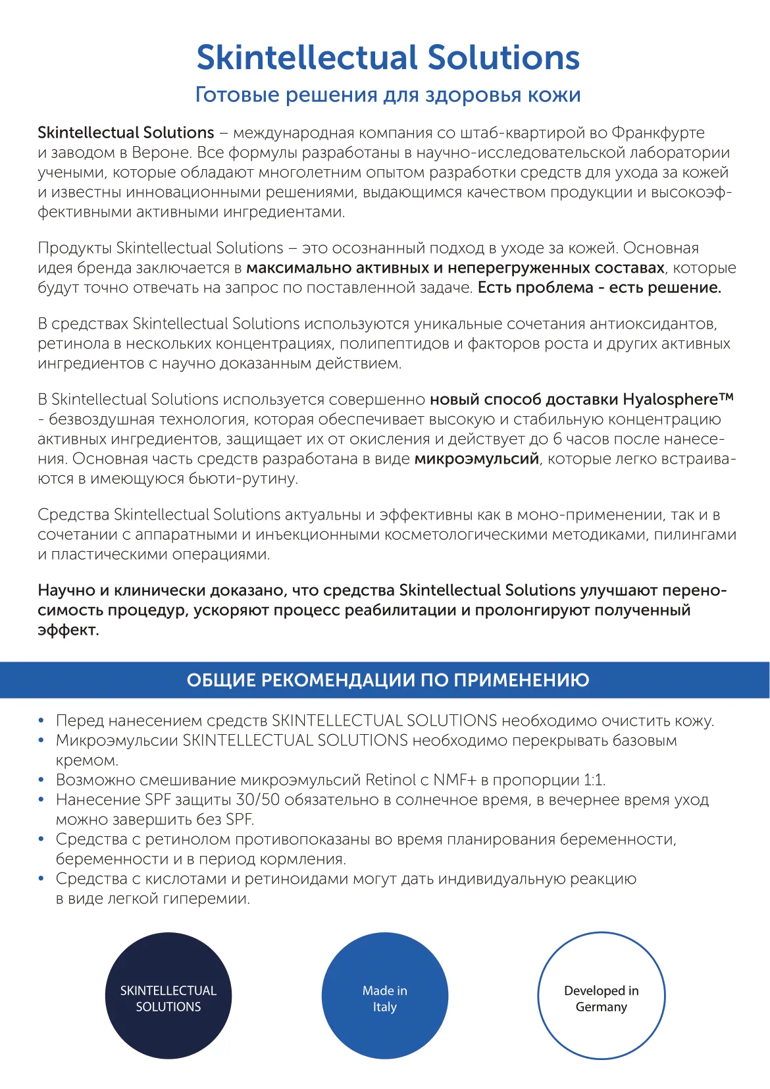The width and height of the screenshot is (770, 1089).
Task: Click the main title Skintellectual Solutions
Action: pyautogui.click(x=388, y=58)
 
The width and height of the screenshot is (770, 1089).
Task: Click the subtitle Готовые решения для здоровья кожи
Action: pyautogui.click(x=388, y=95)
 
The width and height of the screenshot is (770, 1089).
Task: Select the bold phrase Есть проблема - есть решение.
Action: pyautogui.click(x=599, y=288)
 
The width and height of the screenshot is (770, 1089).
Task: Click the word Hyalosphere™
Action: pyautogui.click(x=677, y=400)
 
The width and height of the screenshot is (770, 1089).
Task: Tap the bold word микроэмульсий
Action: pyautogui.click(x=476, y=459)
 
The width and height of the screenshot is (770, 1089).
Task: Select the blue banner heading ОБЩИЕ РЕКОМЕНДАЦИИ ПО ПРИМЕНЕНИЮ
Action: pyautogui.click(x=388, y=680)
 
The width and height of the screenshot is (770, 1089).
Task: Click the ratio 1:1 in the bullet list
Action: pyautogui.click(x=594, y=780)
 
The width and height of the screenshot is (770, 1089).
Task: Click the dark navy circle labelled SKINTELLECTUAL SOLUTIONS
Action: pyautogui.click(x=168, y=996)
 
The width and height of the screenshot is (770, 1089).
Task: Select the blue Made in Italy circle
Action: pyautogui.click(x=385, y=996)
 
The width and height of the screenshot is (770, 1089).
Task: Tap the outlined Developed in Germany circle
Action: pyautogui.click(x=601, y=996)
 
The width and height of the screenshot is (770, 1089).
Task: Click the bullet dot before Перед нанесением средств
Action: pyautogui.click(x=41, y=722)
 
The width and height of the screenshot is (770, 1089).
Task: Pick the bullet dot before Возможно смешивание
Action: pyautogui.click(x=41, y=781)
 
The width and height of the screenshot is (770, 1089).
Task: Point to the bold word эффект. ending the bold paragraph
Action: pyautogui.click(x=68, y=630)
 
